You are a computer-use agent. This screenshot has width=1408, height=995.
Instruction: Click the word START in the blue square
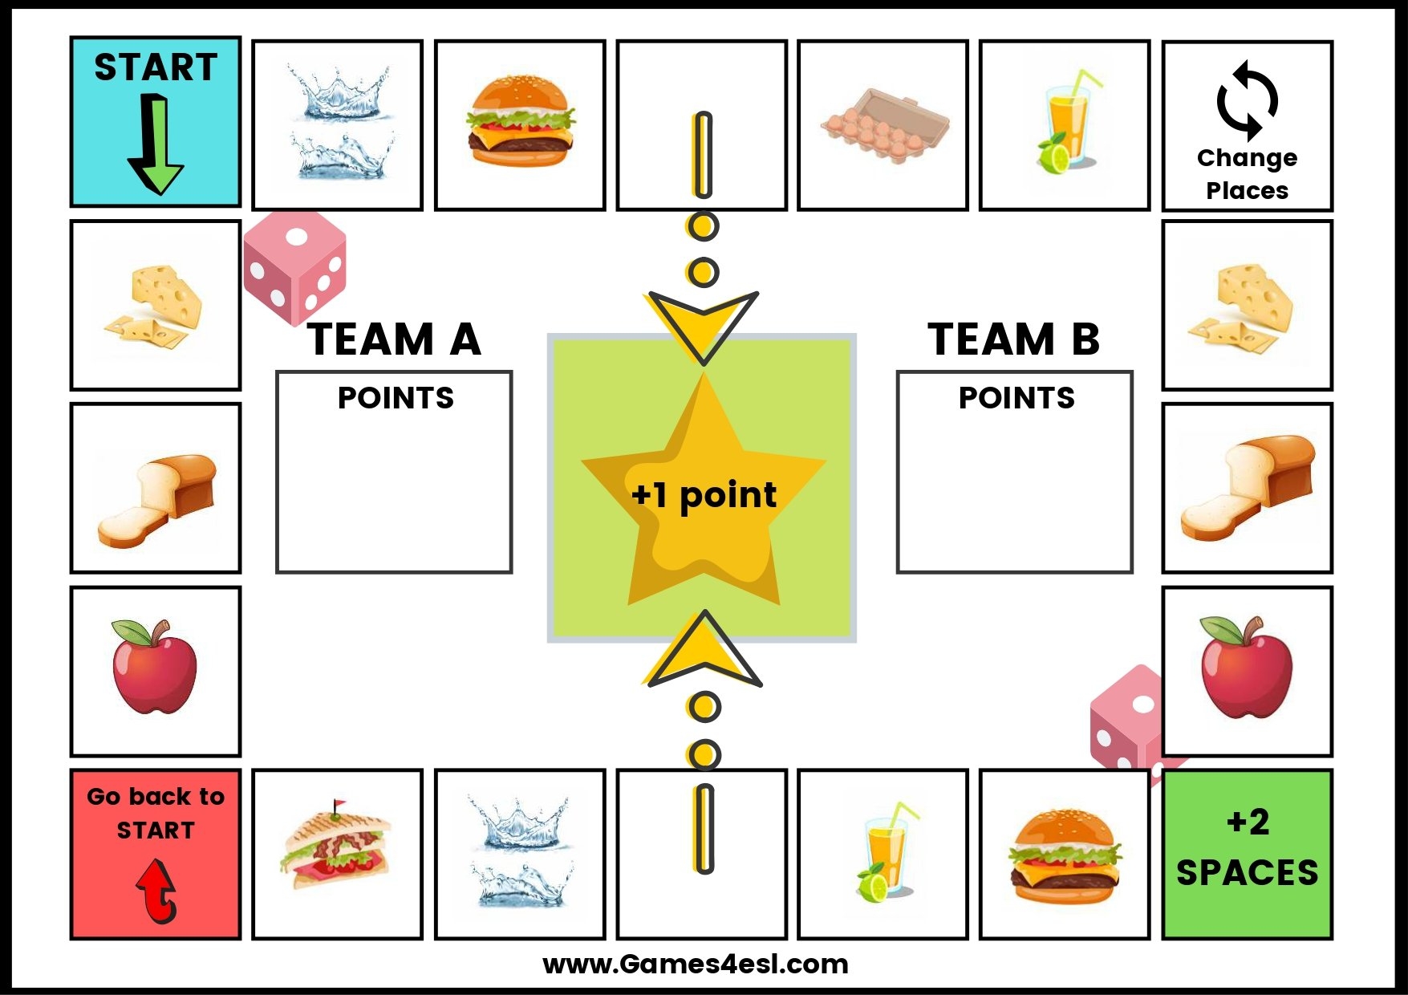click(156, 67)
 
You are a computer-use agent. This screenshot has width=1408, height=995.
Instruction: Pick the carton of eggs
click(884, 126)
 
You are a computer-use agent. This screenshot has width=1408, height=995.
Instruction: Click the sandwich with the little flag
click(336, 847)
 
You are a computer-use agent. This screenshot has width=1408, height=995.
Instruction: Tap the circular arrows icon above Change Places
click(1247, 101)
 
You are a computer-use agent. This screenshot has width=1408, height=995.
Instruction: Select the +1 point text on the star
click(704, 494)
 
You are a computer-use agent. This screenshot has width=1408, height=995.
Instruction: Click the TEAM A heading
click(394, 339)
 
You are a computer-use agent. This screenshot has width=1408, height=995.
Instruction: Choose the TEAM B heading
click(1014, 339)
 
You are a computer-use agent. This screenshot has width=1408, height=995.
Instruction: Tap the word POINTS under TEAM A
click(396, 398)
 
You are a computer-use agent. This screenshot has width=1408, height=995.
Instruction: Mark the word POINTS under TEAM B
click(1016, 398)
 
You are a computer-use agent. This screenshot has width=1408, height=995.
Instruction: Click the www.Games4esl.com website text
click(695, 964)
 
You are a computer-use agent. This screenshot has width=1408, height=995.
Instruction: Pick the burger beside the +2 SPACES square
click(1064, 856)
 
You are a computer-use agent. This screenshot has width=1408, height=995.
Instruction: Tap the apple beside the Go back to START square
click(154, 667)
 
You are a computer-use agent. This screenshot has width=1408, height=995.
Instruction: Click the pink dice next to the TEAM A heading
click(295, 267)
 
